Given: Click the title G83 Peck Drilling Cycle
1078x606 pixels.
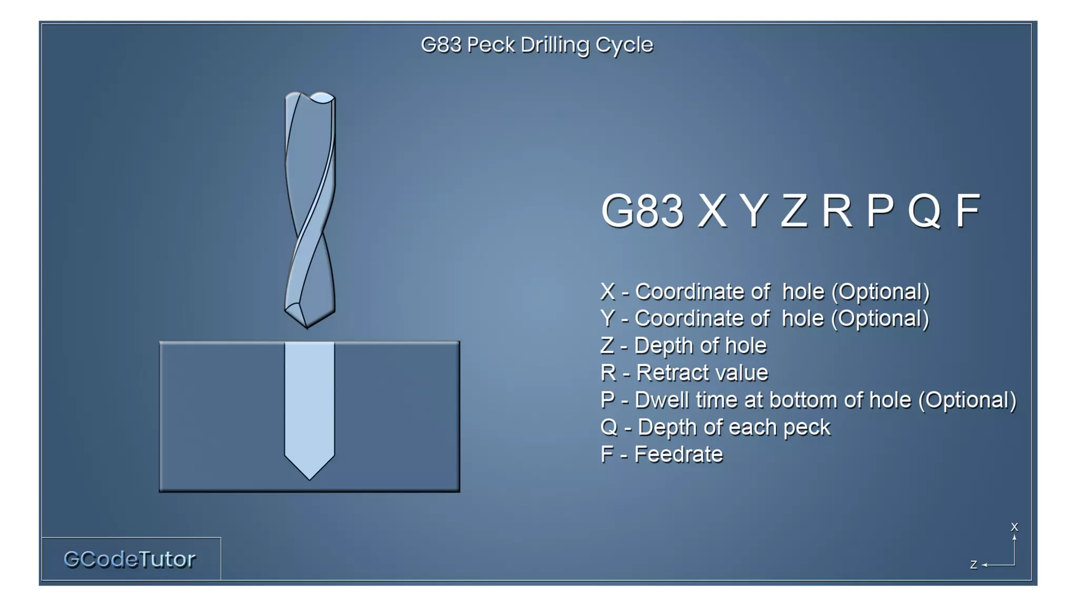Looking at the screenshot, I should pos(536,45).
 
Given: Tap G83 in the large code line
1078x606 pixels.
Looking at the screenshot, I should pos(642,211).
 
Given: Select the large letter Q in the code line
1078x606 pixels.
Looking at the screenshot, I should pos(924,211).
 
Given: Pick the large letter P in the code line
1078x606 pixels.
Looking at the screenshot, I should pos(880,211).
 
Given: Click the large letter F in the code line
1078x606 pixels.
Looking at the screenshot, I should pos(967,211).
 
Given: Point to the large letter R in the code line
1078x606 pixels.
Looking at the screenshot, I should pos(836,211).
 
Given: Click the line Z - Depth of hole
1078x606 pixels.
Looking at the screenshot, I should pos(683,346).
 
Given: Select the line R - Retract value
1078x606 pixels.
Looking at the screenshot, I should pos(684,373).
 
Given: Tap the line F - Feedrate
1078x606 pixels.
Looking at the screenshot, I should pos(661,454).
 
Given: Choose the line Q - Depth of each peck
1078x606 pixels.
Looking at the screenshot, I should pos(715,427).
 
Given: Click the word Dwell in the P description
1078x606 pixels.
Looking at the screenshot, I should pos(661,400).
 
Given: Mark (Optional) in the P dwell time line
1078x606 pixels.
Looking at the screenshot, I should pos(967,400).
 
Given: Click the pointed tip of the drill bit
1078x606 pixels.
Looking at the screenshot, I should pos(308,326).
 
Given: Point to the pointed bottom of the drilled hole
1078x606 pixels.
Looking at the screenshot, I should pos(310,478).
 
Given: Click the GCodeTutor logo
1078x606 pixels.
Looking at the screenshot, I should pos(129,559).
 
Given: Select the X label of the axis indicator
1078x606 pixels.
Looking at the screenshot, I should pos(1014,527).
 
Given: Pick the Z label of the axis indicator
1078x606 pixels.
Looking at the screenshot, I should pos(973,565).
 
